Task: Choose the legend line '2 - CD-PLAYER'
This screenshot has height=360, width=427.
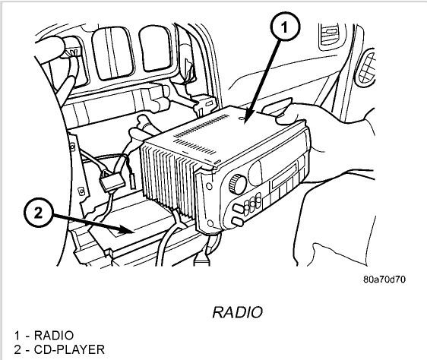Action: [x=58, y=349]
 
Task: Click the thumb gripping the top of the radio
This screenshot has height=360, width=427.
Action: [x=285, y=116]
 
